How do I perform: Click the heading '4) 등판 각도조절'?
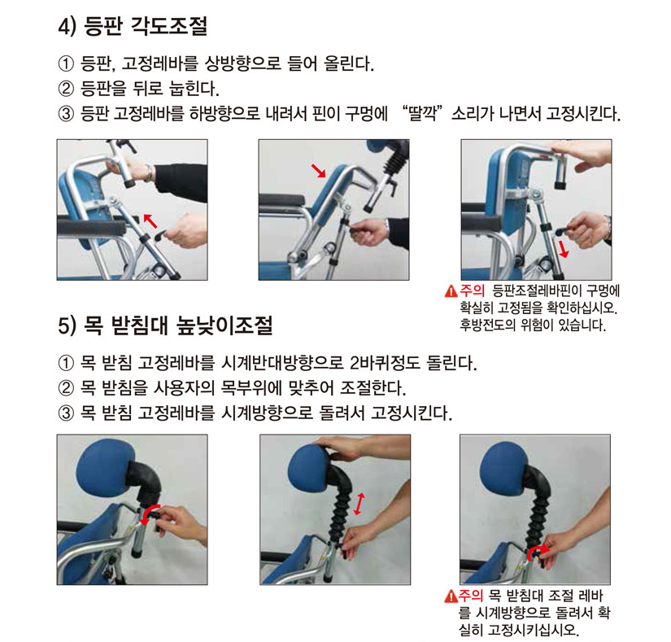pyautogui.click(x=133, y=26)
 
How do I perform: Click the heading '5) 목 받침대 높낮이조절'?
pyautogui.click(x=165, y=325)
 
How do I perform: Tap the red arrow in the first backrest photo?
pyautogui.click(x=150, y=221)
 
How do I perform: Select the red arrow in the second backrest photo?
pyautogui.click(x=318, y=170)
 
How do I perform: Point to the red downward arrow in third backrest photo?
pyautogui.click(x=563, y=249)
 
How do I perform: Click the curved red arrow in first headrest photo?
pyautogui.click(x=150, y=513)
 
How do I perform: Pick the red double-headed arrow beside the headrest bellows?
pyautogui.click(x=359, y=504)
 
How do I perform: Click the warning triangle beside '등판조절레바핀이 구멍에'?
pyautogui.click(x=451, y=291)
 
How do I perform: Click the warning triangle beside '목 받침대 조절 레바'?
pyautogui.click(x=451, y=596)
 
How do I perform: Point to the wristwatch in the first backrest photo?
pyautogui.click(x=148, y=173)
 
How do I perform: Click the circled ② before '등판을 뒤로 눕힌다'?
pyautogui.click(x=66, y=89)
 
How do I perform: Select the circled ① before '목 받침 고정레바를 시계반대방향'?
pyautogui.click(x=66, y=363)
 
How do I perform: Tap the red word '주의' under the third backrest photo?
pyautogui.click(x=472, y=291)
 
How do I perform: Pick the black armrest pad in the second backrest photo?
pyautogui.click(x=281, y=199)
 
